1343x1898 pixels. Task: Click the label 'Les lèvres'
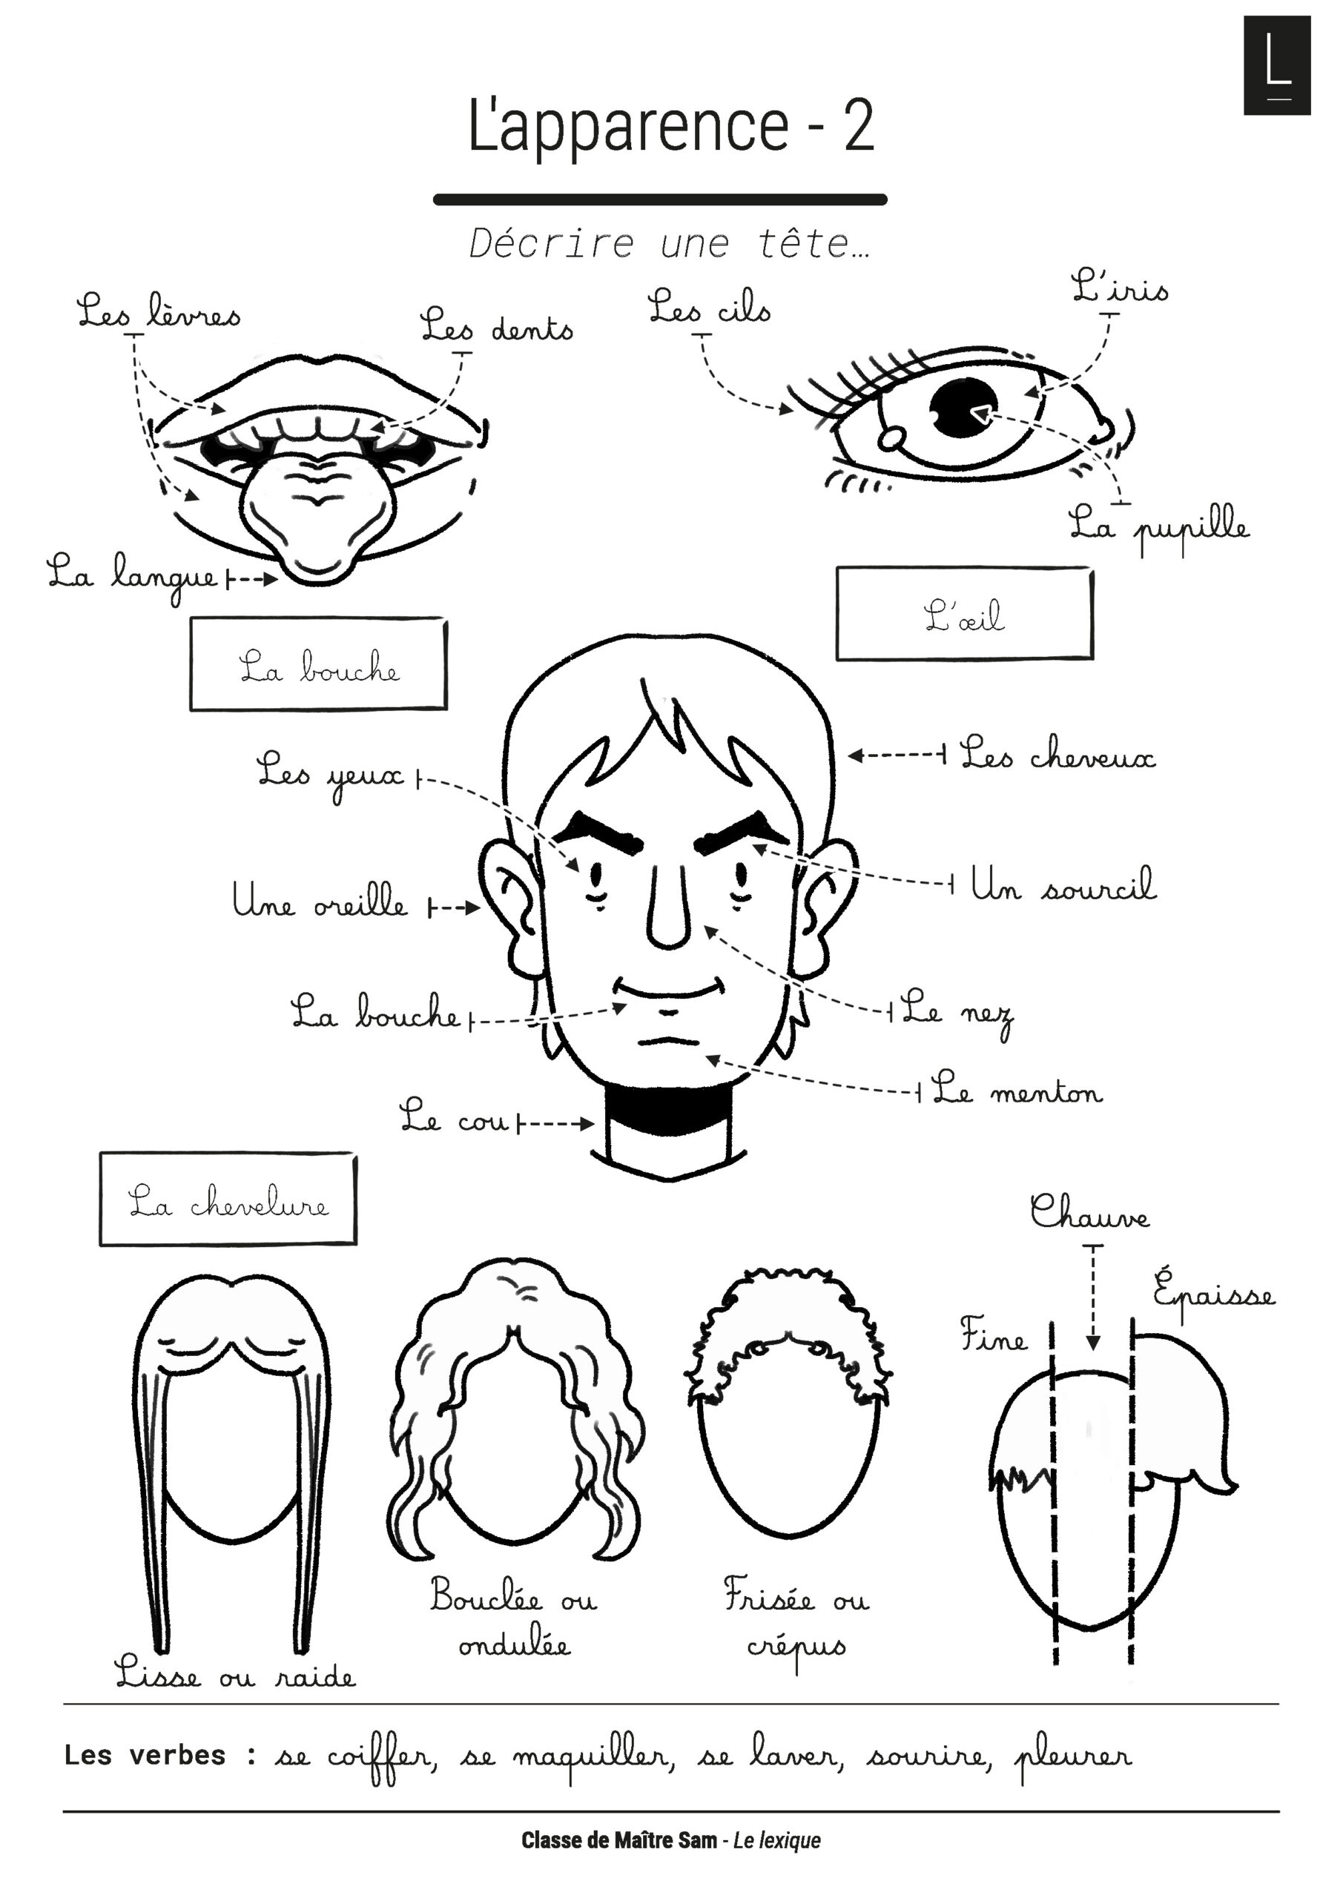coord(159,312)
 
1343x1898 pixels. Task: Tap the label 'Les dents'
coord(496,326)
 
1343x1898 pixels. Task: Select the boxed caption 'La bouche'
coord(318,664)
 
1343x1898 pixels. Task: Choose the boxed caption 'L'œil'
coord(963,614)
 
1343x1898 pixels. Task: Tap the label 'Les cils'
coord(709,308)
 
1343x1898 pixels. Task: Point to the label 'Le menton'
coord(1017,1091)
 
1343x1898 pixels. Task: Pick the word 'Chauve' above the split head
coord(1089,1213)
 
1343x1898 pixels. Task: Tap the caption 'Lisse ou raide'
coord(235,1674)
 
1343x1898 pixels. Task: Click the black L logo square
coord(1277,65)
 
